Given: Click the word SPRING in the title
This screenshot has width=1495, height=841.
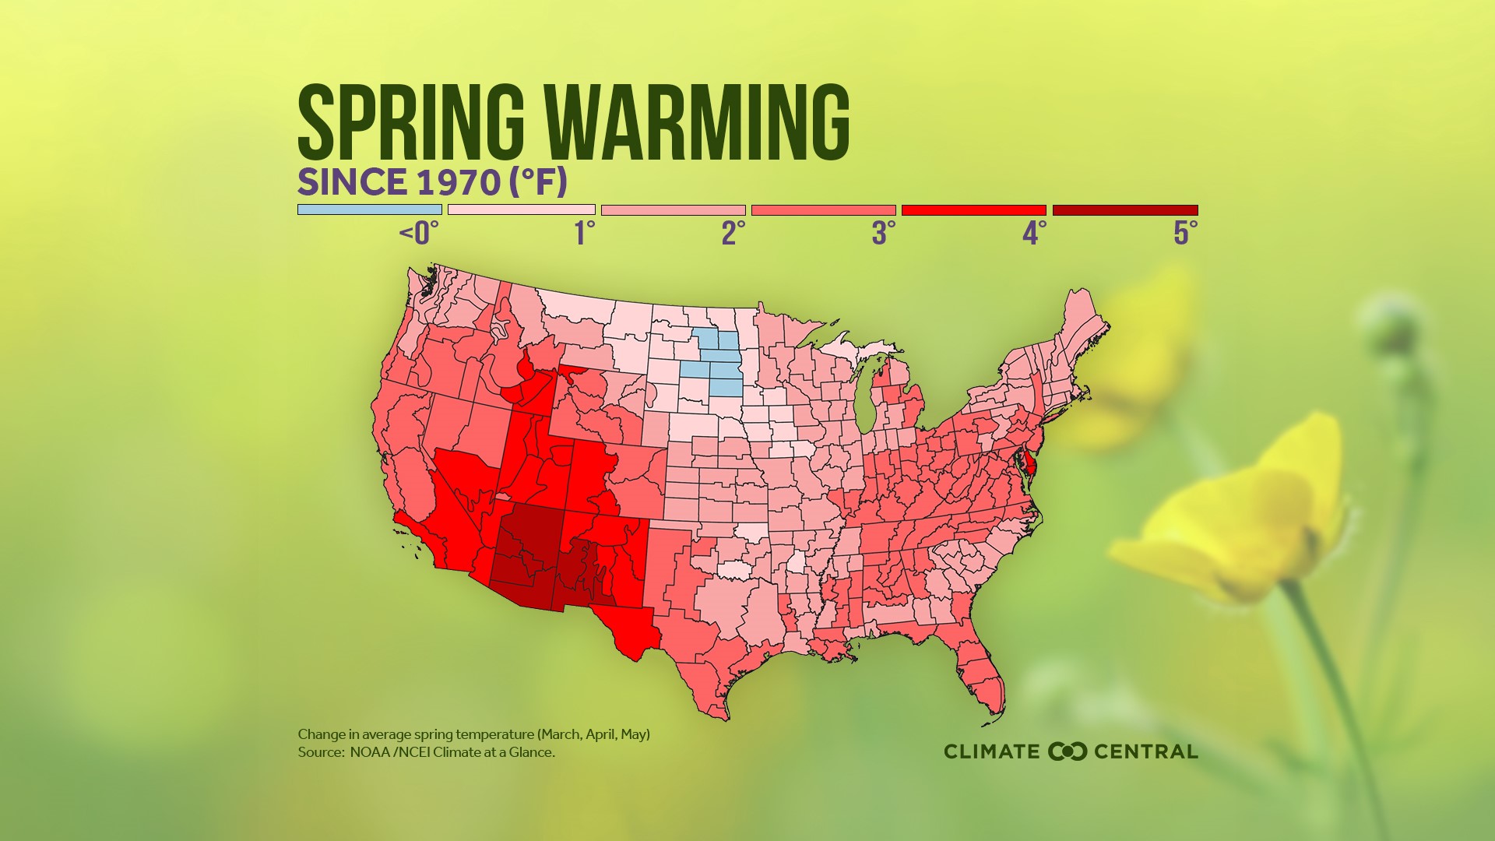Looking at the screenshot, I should [x=411, y=122].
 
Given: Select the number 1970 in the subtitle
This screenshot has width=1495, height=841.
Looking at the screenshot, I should [x=458, y=182].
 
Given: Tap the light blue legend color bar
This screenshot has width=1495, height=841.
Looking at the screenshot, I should [x=369, y=209].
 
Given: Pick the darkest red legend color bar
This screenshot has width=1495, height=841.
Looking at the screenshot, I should [x=1124, y=209].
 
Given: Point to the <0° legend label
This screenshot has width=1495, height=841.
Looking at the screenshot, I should [x=419, y=233].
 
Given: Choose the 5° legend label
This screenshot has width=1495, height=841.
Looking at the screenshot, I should [x=1185, y=233].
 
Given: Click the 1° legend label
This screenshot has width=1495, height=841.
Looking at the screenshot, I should [x=584, y=233].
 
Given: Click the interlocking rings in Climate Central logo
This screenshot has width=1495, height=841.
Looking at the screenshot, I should [x=1068, y=751].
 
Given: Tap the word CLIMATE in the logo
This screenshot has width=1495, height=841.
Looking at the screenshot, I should [x=991, y=751].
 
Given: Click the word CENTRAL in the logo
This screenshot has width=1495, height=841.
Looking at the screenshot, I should [x=1145, y=751].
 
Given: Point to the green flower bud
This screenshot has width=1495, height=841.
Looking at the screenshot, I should [x=1394, y=327].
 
